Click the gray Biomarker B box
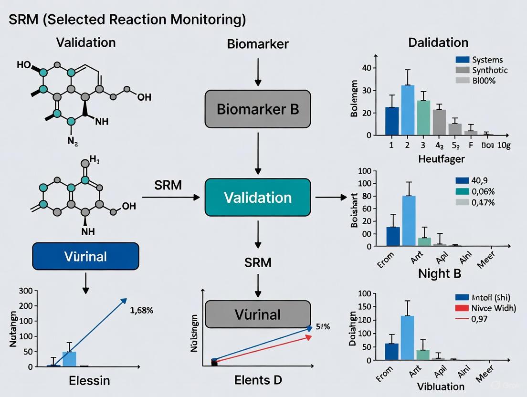pos(258,109)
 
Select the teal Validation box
pos(258,198)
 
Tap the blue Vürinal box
pos(85,256)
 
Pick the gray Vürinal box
pos(258,314)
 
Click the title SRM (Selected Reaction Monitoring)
pos(127,20)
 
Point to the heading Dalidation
pos(438,42)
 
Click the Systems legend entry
pos(487,60)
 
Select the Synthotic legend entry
pos(490,70)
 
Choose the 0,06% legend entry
pos(483,191)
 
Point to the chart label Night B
pos(440,273)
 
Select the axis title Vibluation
pos(440,386)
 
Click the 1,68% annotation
pos(141,310)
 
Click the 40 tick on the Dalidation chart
pos(366,68)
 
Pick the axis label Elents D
pos(258,380)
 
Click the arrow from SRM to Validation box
pos(171,197)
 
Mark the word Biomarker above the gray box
pos(258,44)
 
